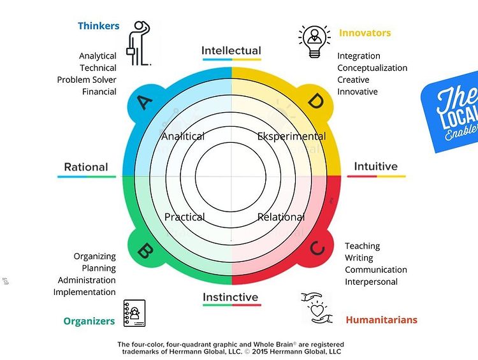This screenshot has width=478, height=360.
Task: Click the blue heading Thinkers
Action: click(98, 26)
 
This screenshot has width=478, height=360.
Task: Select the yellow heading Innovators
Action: click(365, 32)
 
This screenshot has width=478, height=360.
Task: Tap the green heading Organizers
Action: click(89, 321)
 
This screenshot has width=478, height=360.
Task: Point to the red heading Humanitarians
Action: click(381, 320)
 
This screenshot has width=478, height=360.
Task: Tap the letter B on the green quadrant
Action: click(145, 252)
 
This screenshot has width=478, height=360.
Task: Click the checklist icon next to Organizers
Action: click(134, 313)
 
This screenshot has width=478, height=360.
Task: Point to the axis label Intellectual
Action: click(231, 51)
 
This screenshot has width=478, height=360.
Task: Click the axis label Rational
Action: click(86, 167)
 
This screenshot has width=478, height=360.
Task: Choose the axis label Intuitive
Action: click(375, 166)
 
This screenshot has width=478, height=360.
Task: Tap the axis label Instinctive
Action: click(231, 297)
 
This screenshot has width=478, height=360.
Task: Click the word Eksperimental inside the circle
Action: click(291, 136)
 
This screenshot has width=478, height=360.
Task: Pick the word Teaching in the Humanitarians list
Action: click(362, 246)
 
